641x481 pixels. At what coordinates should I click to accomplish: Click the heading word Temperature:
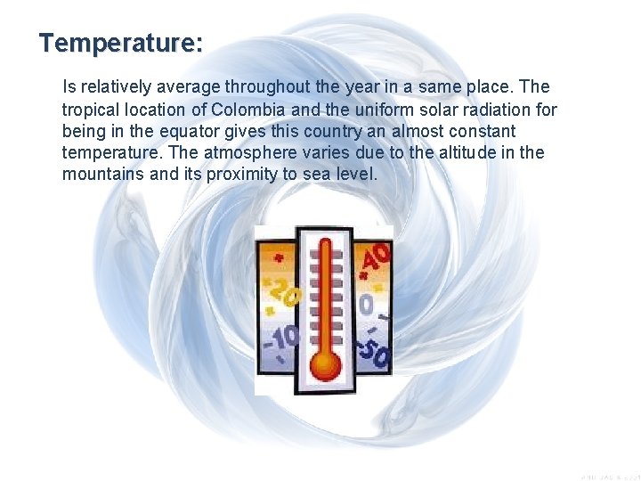pyautogui.click(x=121, y=43)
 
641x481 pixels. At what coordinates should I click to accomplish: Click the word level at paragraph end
pyautogui.click(x=359, y=174)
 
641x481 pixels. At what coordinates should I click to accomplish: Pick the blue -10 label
pyautogui.click(x=280, y=339)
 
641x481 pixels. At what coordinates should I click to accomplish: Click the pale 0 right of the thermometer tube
pyautogui.click(x=366, y=306)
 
